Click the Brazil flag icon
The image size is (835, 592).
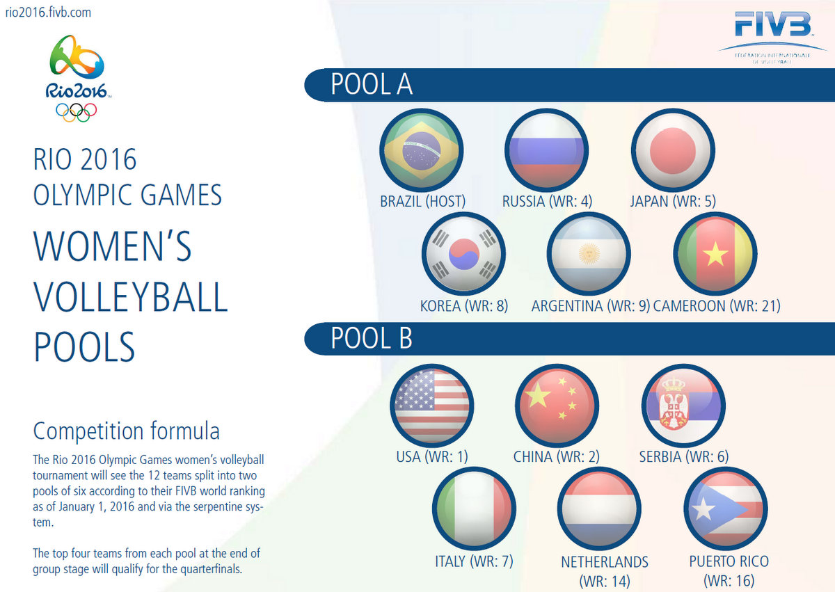coord(422,150)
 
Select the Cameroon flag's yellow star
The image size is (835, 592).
coord(715,255)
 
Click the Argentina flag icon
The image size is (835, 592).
coord(589,255)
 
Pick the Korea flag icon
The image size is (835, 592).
coord(463,255)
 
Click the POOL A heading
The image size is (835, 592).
coord(372,84)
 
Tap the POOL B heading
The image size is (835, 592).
coord(372,338)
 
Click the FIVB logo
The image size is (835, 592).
coord(772,28)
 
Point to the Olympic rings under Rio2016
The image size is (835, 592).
coord(77,111)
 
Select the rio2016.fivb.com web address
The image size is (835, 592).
coord(47,13)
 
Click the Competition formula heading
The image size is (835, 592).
coord(127,431)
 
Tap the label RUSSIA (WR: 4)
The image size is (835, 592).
coord(547,202)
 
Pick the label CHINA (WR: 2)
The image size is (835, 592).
coord(556,457)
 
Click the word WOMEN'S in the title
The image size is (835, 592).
coord(113,247)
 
